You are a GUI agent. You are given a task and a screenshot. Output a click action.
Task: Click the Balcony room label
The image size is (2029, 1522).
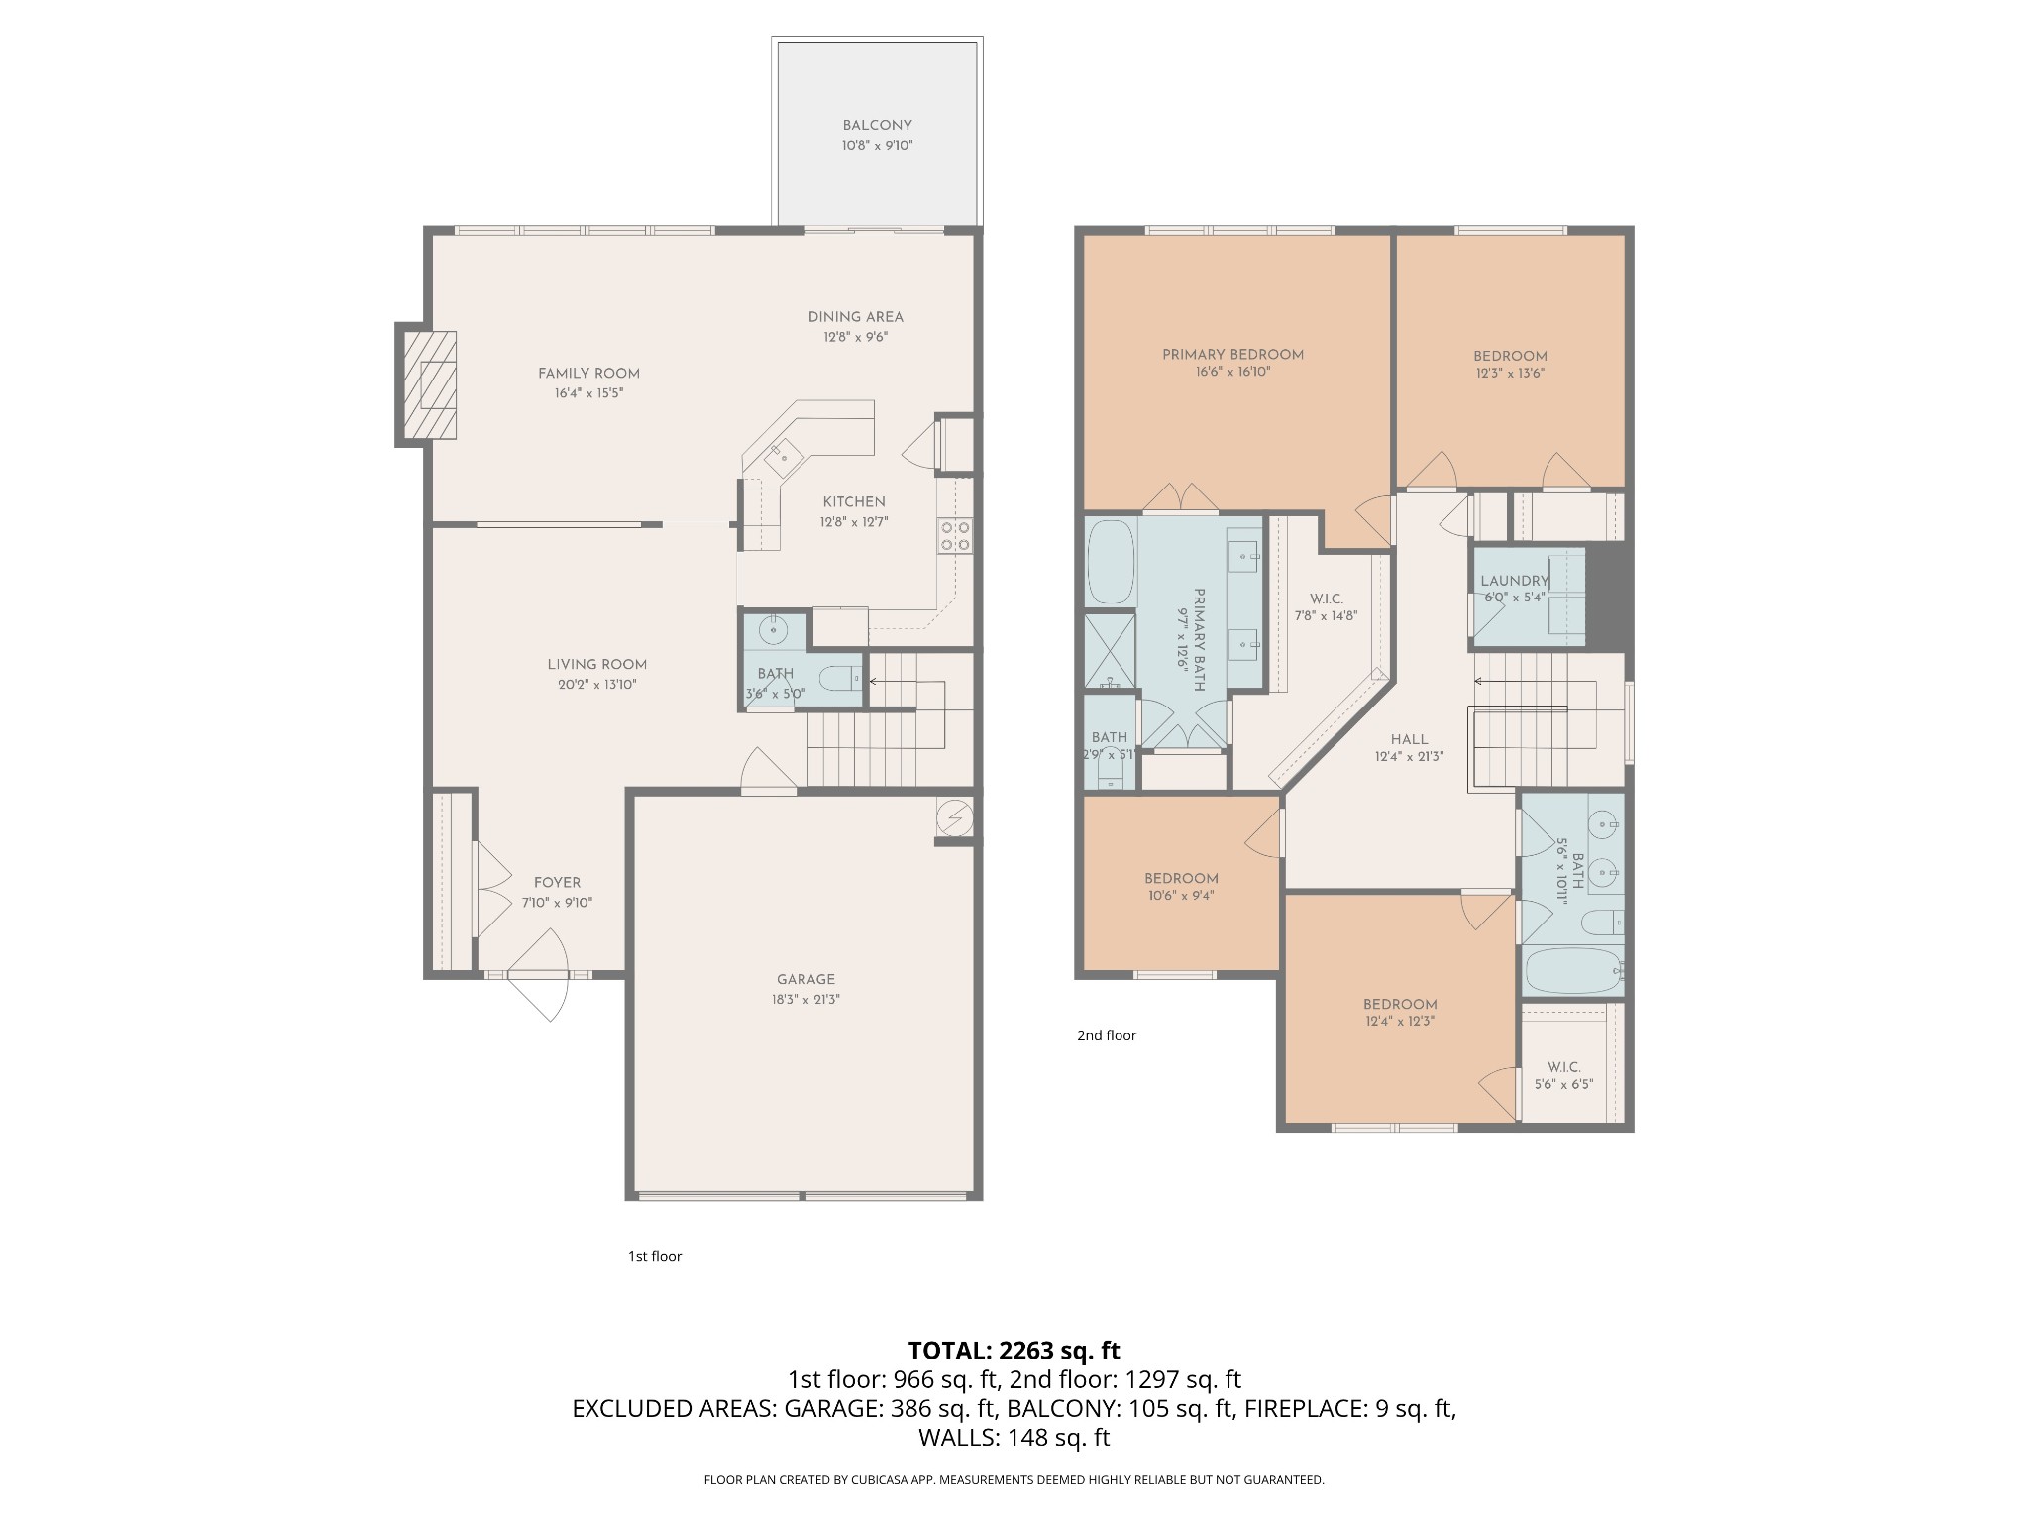tap(877, 126)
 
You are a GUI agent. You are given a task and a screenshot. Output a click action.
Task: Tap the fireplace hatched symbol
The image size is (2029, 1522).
tap(429, 385)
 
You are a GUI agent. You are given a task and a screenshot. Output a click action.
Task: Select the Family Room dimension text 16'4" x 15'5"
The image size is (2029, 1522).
tap(588, 393)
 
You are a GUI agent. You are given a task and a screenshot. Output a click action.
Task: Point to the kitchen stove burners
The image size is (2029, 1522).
tap(955, 536)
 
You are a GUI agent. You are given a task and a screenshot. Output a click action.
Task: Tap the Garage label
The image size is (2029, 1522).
tap(805, 979)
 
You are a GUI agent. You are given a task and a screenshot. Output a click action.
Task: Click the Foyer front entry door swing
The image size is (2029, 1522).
tap(544, 979)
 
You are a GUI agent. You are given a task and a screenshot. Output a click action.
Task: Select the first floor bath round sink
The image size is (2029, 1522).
tap(773, 629)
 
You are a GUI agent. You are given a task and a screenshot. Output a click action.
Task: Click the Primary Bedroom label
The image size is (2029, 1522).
tap(1232, 354)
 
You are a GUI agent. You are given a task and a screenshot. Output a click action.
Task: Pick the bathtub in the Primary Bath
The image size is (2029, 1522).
tap(1111, 562)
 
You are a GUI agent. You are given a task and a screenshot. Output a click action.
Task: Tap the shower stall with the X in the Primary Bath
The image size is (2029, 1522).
tap(1109, 651)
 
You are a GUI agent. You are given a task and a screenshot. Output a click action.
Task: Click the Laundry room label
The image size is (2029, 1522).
tap(1514, 581)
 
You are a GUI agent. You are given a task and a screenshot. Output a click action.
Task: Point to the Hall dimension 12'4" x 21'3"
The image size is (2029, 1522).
tap(1409, 756)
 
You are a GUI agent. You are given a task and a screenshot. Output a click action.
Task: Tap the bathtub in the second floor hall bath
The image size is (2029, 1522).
tap(1571, 972)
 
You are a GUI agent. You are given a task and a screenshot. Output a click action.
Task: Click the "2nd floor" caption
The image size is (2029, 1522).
tap(1107, 1035)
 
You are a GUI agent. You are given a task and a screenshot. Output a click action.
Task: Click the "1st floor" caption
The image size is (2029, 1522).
tap(655, 1256)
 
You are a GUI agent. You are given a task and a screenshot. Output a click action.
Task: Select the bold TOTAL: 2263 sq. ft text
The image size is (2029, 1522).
tap(1014, 1350)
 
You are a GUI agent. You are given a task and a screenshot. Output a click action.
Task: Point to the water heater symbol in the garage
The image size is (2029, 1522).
tap(955, 817)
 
